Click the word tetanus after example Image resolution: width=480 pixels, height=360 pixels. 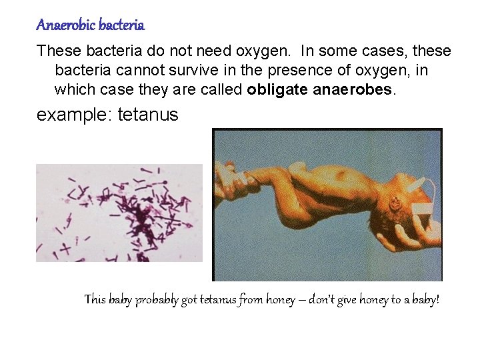(x=148, y=115)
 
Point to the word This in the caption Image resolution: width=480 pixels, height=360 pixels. (x=95, y=300)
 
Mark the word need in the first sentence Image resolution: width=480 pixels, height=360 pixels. (x=239, y=51)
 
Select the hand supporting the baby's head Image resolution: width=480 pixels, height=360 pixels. (x=421, y=234)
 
